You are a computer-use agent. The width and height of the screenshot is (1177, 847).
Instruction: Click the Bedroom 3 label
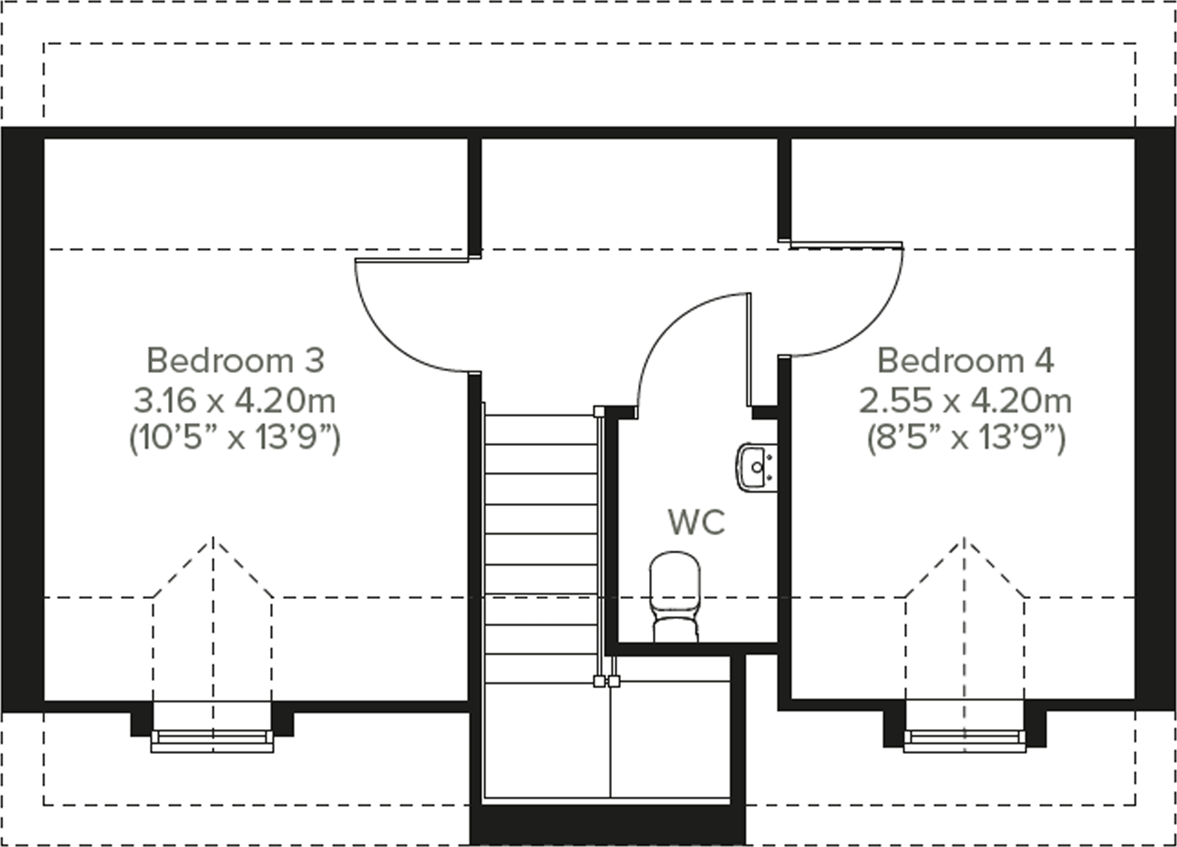coord(235,361)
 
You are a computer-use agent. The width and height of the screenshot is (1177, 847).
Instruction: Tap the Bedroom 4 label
coord(965,361)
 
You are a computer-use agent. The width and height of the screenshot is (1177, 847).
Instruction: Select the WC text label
coord(697,522)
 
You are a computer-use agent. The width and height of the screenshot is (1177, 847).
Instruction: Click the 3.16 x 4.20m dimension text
coord(235,400)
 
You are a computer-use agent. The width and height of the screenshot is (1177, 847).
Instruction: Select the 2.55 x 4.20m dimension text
coord(965,400)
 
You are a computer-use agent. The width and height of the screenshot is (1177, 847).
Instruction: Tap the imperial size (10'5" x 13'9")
coord(235,437)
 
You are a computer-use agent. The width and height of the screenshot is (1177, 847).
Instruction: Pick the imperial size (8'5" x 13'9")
coord(965,437)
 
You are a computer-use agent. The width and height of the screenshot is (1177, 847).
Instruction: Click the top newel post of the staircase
coord(599,411)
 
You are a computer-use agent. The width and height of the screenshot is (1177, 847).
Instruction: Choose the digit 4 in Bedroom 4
coord(1045,361)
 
